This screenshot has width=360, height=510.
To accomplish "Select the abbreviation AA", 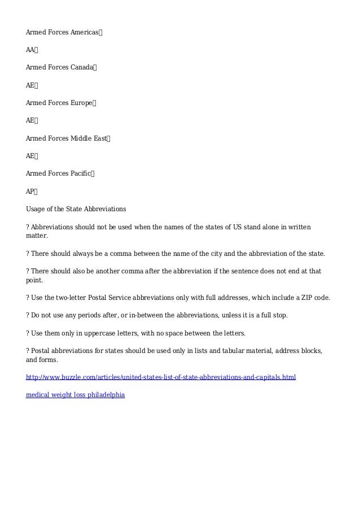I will (30, 50).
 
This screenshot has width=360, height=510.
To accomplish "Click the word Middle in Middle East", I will (81, 138).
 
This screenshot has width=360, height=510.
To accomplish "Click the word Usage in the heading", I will (36, 209).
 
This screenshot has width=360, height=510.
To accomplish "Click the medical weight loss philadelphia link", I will (75, 395).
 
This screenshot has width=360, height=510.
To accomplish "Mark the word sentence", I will (246, 271).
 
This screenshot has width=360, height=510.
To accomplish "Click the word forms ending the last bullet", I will (48, 359).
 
